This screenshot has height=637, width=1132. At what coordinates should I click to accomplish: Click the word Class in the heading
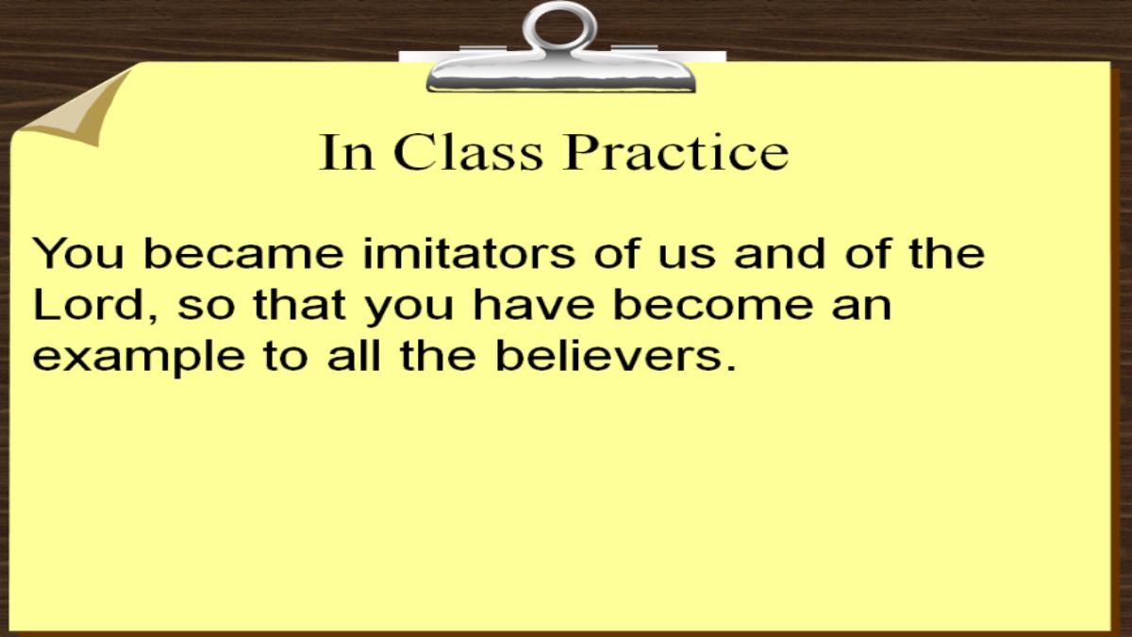tap(468, 152)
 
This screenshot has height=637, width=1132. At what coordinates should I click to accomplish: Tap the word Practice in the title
tap(675, 152)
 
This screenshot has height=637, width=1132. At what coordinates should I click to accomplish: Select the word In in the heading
tap(346, 152)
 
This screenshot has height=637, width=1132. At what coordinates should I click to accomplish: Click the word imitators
tap(469, 253)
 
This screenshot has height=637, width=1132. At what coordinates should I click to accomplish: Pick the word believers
tap(615, 356)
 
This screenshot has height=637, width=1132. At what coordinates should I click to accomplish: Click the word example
tap(139, 360)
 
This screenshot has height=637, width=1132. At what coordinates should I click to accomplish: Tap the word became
tap(243, 253)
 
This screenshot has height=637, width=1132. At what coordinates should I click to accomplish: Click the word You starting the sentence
tap(78, 253)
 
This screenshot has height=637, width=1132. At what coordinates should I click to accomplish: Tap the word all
tap(353, 356)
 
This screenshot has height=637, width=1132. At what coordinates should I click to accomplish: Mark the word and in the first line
tap(779, 253)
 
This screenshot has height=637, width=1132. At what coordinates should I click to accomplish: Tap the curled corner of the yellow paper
tap(75, 109)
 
